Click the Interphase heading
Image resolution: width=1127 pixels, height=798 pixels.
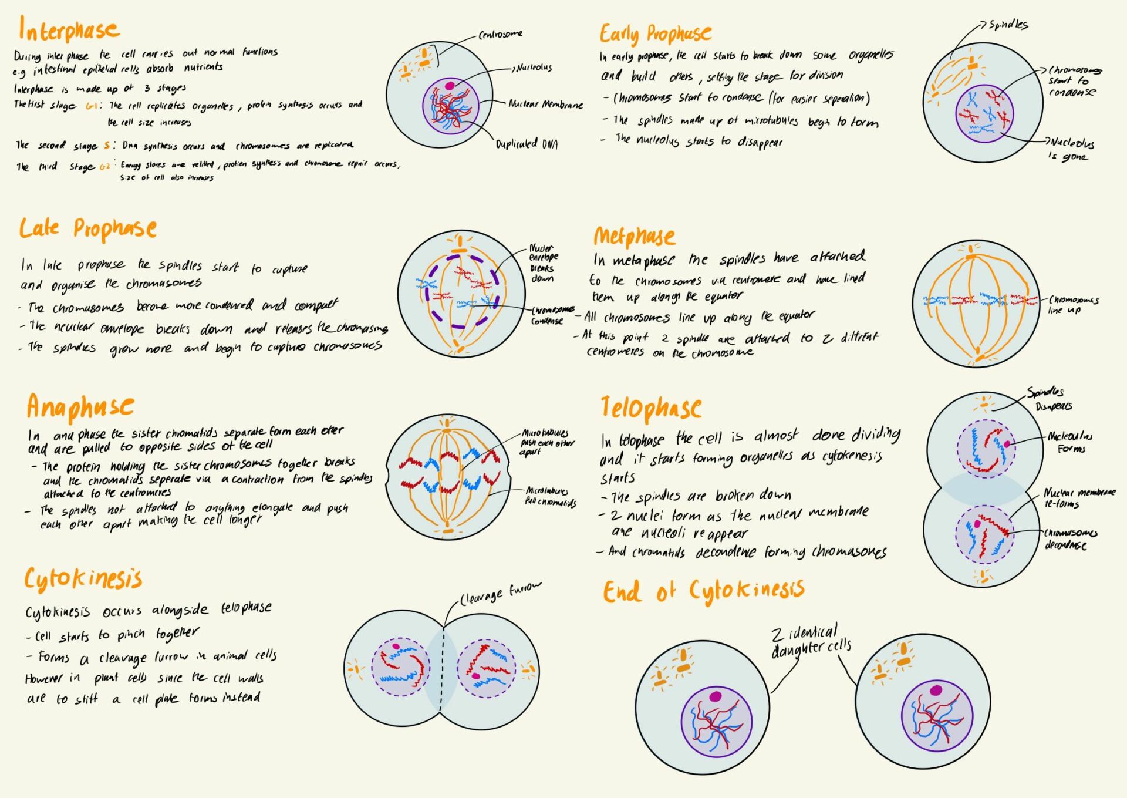pyautogui.click(x=69, y=29)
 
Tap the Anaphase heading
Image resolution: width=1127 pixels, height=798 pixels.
pyautogui.click(x=80, y=407)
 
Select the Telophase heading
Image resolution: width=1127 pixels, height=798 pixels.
pyautogui.click(x=651, y=408)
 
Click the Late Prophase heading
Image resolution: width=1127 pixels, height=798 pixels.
pyautogui.click(x=87, y=228)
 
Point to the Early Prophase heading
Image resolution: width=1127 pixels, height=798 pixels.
pyautogui.click(x=655, y=34)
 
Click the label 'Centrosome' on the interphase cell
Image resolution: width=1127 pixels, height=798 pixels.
pyautogui.click(x=500, y=35)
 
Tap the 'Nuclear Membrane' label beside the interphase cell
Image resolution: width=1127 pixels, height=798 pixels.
pyautogui.click(x=545, y=105)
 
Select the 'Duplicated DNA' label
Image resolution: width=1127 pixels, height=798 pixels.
pyautogui.click(x=527, y=144)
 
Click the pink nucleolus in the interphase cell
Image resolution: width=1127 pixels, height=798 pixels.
pyautogui.click(x=450, y=86)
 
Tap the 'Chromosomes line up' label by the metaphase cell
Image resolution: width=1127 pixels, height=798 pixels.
pyautogui.click(x=1072, y=305)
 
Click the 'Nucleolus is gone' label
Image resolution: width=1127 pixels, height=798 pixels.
pyautogui.click(x=1072, y=149)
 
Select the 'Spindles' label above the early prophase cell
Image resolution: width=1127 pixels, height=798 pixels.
pyautogui.click(x=1008, y=25)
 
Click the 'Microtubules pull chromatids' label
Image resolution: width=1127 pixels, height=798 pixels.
pyautogui.click(x=550, y=496)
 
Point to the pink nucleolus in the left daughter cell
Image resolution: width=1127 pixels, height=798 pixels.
pyautogui.click(x=715, y=696)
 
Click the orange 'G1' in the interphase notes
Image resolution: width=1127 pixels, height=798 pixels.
pyautogui.click(x=93, y=106)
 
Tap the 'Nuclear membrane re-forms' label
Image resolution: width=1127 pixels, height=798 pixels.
pyautogui.click(x=1078, y=498)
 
